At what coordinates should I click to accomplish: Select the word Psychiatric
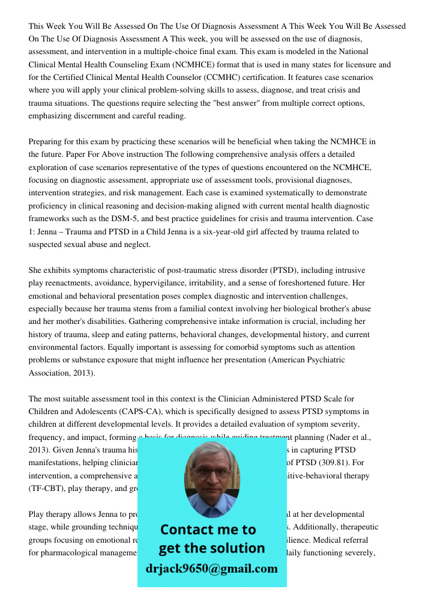click(323, 360)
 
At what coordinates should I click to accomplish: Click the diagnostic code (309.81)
click(345, 463)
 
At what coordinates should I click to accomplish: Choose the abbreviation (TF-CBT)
click(49, 489)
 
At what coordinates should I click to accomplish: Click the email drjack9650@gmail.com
click(211, 569)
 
